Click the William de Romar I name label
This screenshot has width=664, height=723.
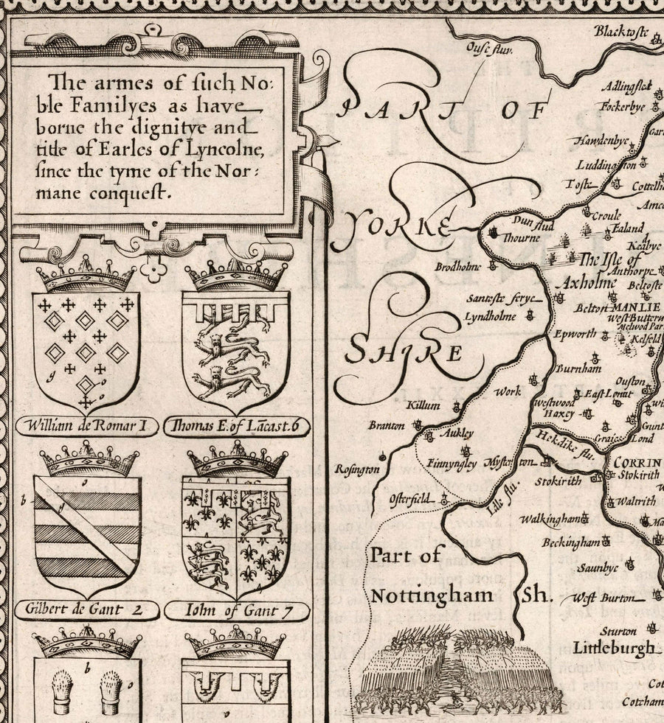pos(86,425)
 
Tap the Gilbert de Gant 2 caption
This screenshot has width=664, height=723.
pos(87,609)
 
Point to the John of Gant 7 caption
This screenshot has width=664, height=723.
pos(236,610)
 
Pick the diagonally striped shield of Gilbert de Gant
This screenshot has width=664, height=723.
pos(87,534)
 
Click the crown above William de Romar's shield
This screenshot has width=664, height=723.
pos(86,276)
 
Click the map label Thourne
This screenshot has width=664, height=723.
pos(522,239)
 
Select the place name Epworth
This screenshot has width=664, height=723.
pos(575,334)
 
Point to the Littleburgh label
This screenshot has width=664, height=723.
pos(613,648)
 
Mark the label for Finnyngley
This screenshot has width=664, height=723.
pos(452,464)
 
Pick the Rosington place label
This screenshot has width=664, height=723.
pos(357,469)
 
